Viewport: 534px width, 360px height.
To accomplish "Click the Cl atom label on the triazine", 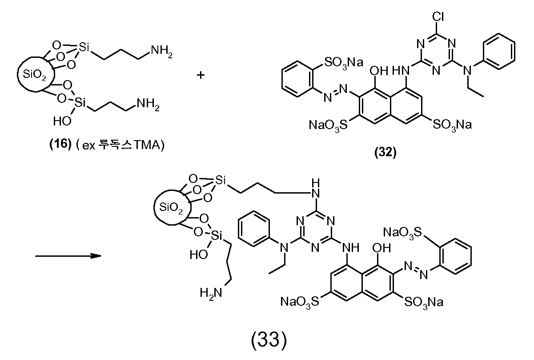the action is click(438, 16).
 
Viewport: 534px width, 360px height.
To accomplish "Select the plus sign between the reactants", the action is click(201, 75).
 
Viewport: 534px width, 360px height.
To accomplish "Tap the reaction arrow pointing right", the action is click(68, 256).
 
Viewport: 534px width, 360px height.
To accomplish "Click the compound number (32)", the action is click(385, 152).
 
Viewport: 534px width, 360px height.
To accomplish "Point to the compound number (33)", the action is click(269, 340).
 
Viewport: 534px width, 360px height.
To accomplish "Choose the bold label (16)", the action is click(60, 144).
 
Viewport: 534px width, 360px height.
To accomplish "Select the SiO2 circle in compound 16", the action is click(36, 74).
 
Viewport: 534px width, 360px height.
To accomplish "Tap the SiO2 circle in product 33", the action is click(173, 207).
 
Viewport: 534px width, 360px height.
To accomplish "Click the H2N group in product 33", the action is click(211, 293).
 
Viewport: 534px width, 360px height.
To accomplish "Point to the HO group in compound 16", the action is click(62, 121).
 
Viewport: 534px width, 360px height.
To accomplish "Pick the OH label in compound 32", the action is click(379, 71).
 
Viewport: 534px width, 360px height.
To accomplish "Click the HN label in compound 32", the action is click(401, 71).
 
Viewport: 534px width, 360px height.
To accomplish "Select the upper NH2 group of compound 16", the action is click(162, 51).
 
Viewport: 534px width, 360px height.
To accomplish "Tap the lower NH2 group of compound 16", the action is click(148, 104).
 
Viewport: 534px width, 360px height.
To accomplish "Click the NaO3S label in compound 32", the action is click(328, 125).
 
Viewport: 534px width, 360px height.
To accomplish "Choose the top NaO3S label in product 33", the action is click(402, 233).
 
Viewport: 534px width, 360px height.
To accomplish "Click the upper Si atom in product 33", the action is click(220, 181).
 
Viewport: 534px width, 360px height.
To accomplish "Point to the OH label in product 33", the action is click(381, 248).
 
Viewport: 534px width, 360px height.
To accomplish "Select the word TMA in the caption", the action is click(147, 145).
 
